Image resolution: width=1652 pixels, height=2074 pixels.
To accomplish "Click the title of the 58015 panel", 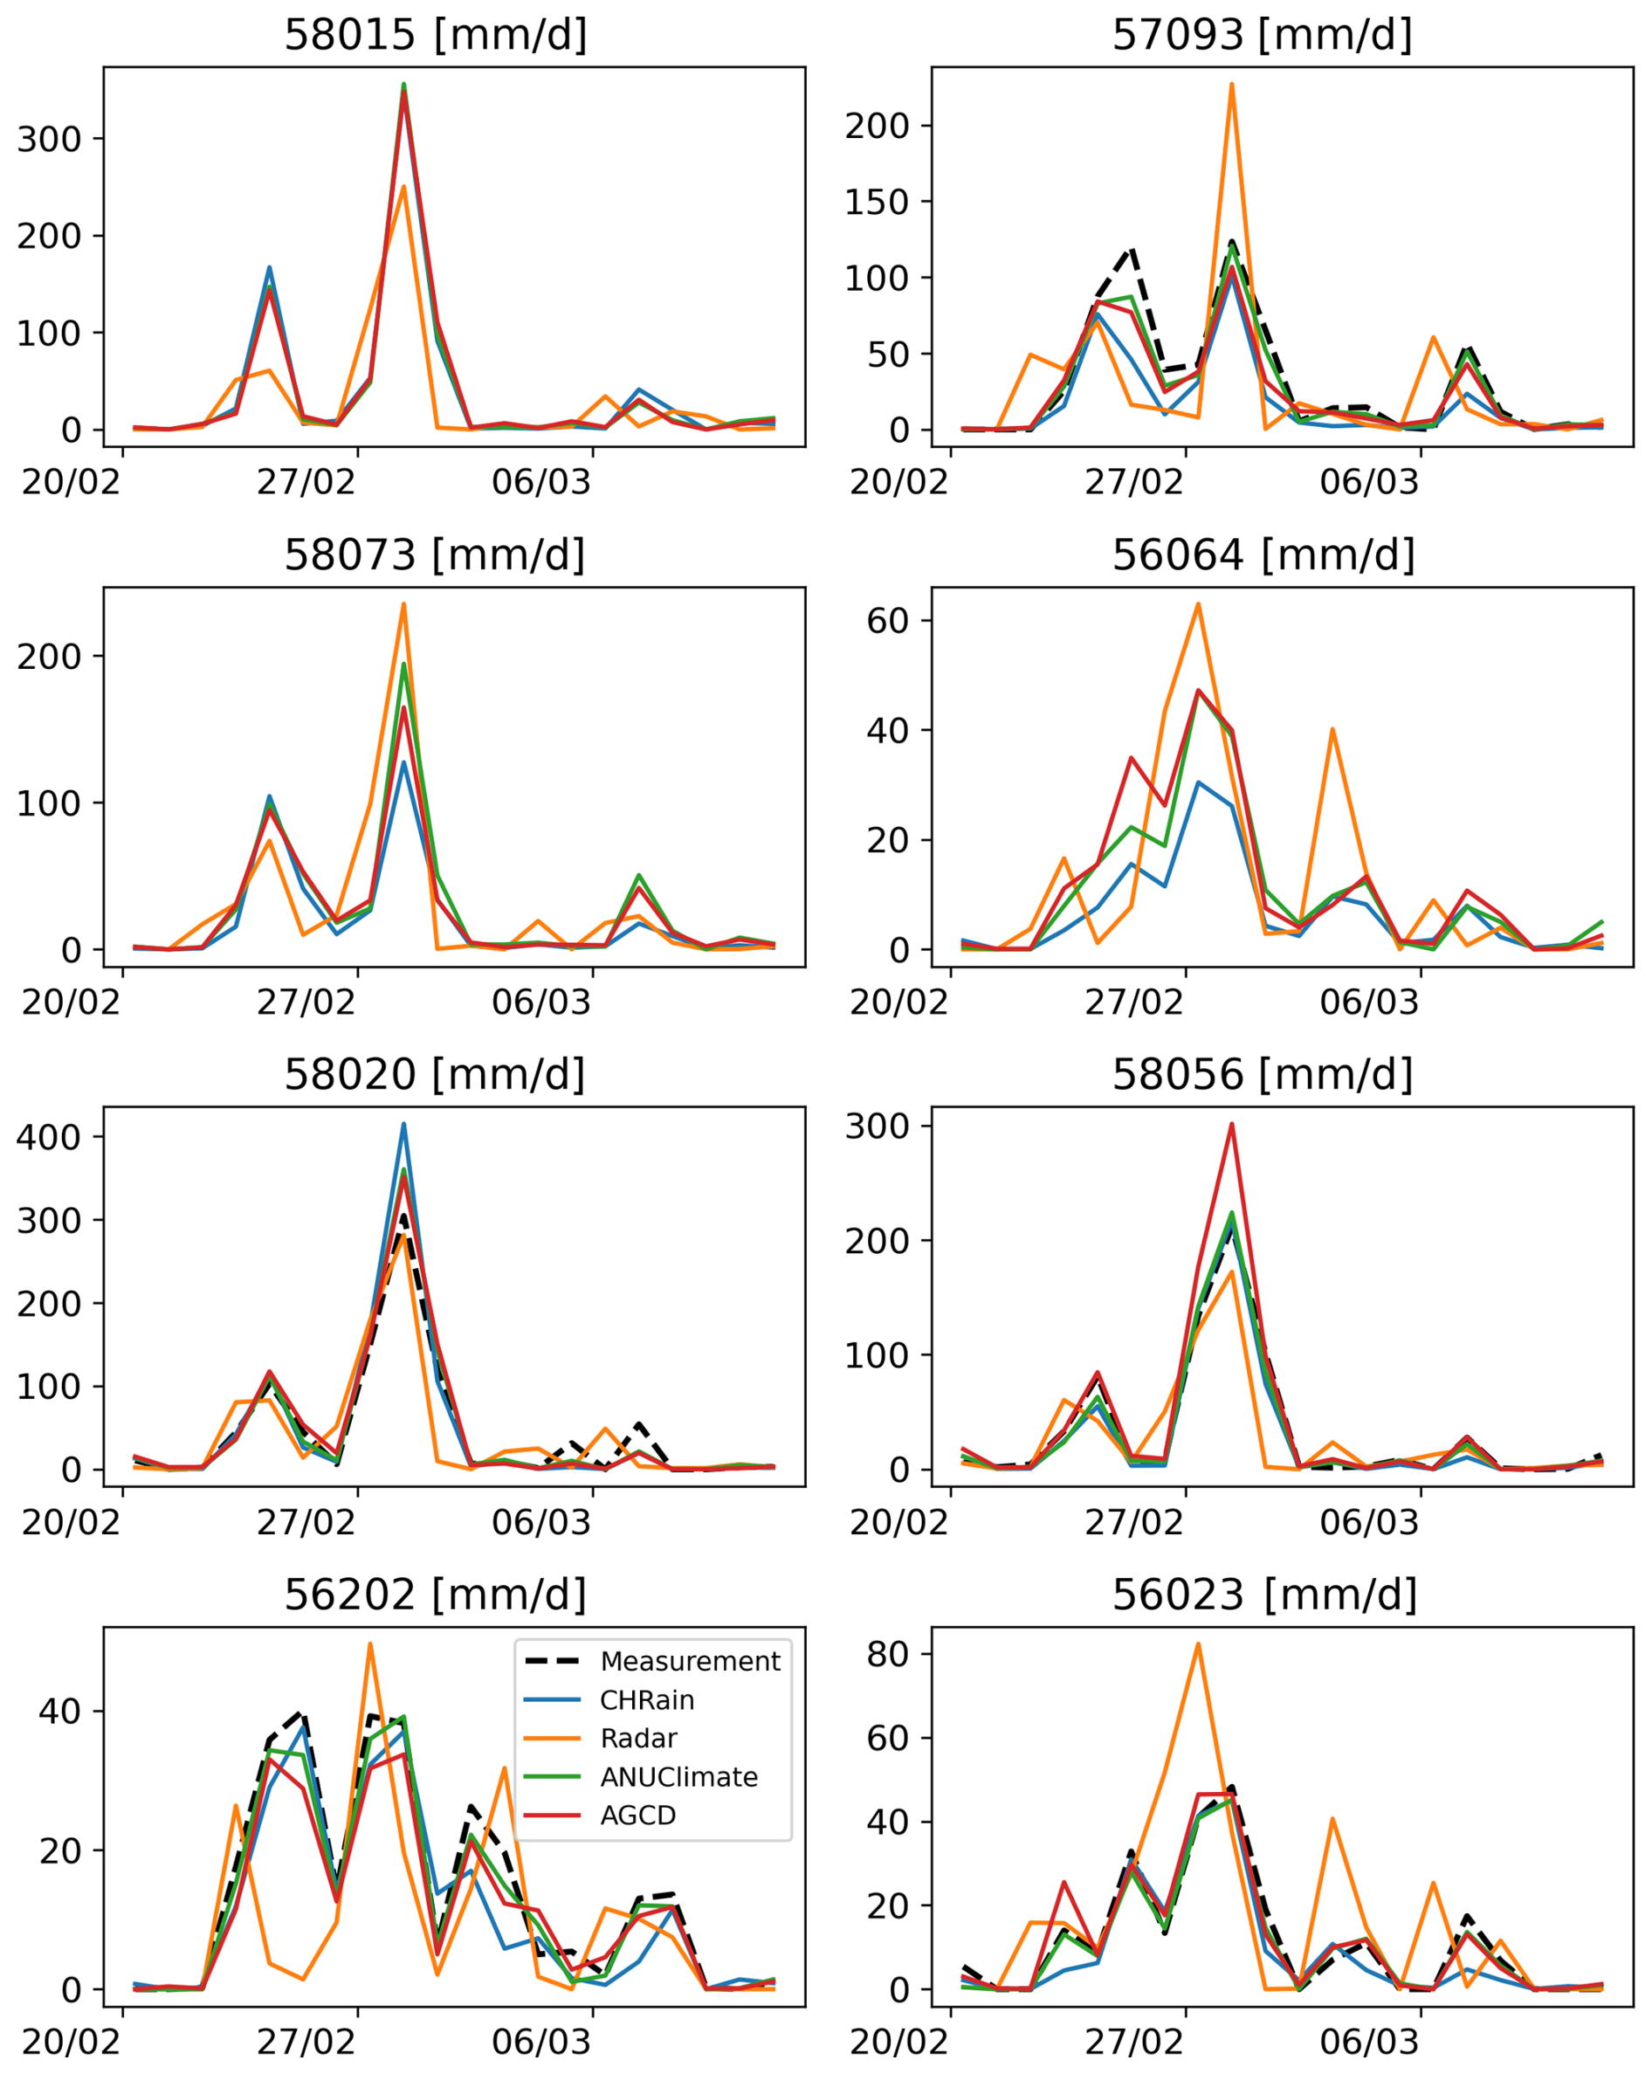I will (x=435, y=35).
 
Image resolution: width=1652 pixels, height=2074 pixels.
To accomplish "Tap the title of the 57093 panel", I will (x=1262, y=35).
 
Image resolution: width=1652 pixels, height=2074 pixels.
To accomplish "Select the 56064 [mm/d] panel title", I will (x=1263, y=555).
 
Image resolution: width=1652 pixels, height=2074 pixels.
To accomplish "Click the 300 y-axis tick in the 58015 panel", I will (x=48, y=139).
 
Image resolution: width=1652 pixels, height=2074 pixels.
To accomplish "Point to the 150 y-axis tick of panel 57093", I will (x=875, y=202).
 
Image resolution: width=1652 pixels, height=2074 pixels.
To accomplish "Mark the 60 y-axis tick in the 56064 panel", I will (x=886, y=621).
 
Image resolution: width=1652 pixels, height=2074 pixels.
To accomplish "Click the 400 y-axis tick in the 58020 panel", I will (x=48, y=1136).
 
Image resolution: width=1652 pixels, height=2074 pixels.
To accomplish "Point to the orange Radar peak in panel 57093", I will (x=1231, y=85).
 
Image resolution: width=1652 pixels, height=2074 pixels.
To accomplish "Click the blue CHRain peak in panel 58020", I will (x=404, y=1124).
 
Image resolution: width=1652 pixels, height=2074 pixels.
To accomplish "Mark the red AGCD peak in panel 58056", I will (x=1231, y=1124).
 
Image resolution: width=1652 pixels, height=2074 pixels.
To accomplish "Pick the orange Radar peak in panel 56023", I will (x=1197, y=1644).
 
